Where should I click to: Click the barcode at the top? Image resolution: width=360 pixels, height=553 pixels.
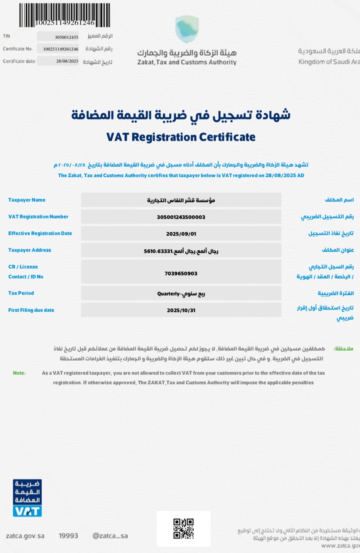65,15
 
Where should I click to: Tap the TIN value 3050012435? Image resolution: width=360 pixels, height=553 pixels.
66,37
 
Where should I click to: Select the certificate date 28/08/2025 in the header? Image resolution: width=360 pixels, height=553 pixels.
67,61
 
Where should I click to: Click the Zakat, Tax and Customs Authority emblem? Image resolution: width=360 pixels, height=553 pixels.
187,29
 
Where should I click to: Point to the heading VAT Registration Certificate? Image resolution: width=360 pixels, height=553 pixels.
181,137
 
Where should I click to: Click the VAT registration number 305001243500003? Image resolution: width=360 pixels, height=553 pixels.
181,217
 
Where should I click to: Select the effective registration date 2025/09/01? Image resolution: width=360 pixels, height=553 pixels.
181,234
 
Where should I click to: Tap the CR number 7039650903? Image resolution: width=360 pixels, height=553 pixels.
181,274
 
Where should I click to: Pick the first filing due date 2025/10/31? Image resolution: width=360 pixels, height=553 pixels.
181,310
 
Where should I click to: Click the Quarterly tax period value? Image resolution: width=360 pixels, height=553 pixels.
181,294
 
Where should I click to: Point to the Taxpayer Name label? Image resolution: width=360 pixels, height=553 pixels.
27,200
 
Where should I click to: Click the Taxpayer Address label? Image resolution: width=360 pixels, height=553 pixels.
30,250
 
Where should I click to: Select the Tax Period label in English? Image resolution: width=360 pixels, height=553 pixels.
21,293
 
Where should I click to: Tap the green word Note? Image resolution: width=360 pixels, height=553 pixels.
19,373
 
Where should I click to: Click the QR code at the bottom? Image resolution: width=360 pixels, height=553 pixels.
183,529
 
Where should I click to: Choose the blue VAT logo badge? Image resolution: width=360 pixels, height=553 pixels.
27,498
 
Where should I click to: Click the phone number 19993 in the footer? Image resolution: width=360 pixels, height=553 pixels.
68,536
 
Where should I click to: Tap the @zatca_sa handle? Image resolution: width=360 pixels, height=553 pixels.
110,536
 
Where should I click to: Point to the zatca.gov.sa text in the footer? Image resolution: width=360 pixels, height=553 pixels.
25,536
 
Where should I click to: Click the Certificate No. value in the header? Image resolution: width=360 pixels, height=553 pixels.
61,49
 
